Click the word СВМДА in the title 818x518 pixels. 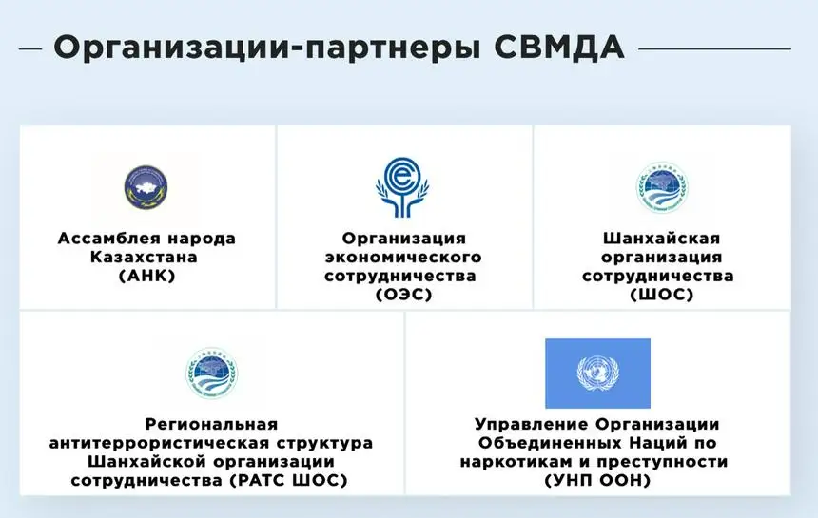tap(558, 48)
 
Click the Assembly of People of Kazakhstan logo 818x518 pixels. tap(146, 187)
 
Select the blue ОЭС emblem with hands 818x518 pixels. tap(402, 187)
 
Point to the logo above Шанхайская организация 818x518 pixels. tap(662, 187)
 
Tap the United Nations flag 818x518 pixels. tap(598, 374)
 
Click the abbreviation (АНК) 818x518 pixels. tap(147, 276)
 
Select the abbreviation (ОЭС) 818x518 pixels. tap(404, 295)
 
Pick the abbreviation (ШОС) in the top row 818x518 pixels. tap(661, 295)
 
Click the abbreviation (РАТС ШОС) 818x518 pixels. tap(288, 480)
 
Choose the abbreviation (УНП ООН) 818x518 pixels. tap(598, 480)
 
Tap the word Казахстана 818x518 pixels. tap(144, 257)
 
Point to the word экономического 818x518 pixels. tap(403, 257)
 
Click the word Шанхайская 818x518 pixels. tap(661, 239)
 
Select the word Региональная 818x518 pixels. tap(211, 424)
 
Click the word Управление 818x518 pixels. tap(532, 424)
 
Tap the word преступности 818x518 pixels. tap(669, 462)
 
